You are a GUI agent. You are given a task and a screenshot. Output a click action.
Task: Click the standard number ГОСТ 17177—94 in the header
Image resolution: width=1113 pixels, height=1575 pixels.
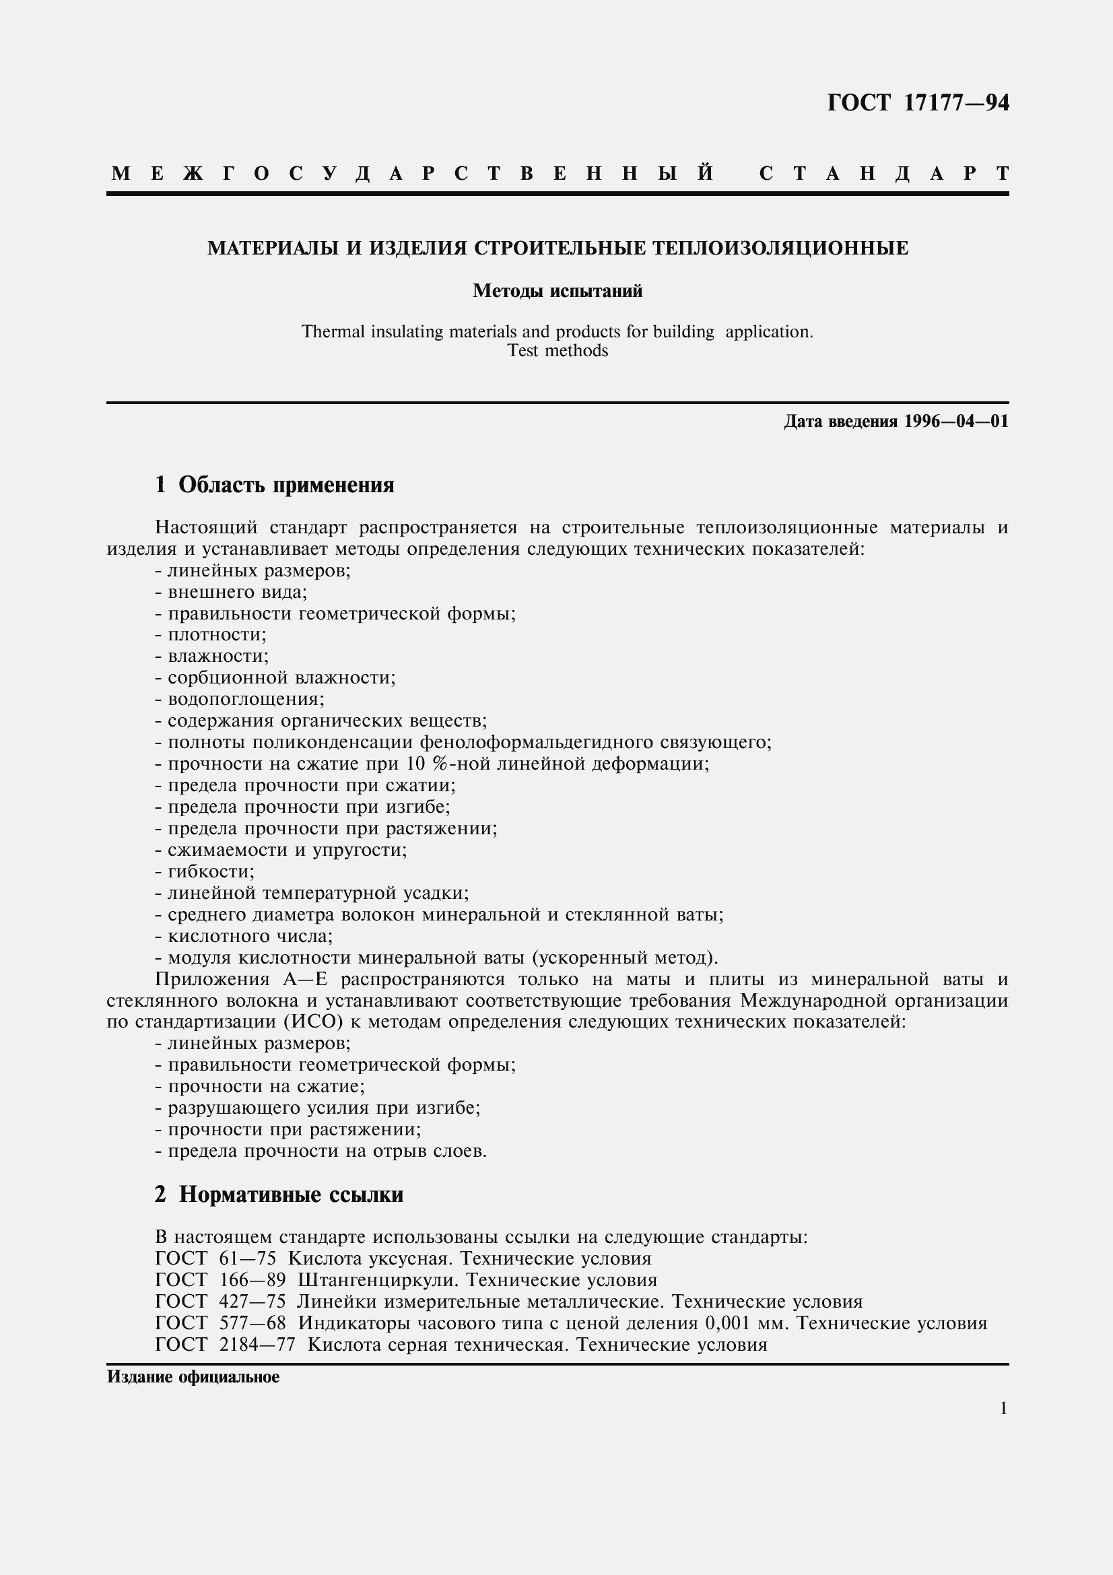[918, 103]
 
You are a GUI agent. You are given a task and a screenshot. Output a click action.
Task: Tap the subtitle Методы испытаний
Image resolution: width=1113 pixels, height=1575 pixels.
[557, 292]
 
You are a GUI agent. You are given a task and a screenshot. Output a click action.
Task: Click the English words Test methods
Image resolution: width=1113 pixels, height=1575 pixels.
[557, 351]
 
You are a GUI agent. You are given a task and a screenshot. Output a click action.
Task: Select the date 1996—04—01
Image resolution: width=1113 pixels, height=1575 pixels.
[956, 421]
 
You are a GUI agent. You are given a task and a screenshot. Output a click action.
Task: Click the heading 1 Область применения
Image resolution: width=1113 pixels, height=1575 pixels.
[274, 485]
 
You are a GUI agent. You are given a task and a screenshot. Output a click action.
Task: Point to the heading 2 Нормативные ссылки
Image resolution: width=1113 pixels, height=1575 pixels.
[279, 1195]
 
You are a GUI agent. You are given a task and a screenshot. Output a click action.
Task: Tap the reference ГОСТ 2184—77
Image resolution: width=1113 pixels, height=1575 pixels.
[225, 1345]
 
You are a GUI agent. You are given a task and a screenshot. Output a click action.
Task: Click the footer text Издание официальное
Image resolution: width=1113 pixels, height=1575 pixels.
[193, 1377]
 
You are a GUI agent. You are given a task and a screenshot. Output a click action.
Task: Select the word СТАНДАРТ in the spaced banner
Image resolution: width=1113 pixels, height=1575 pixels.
[883, 174]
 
